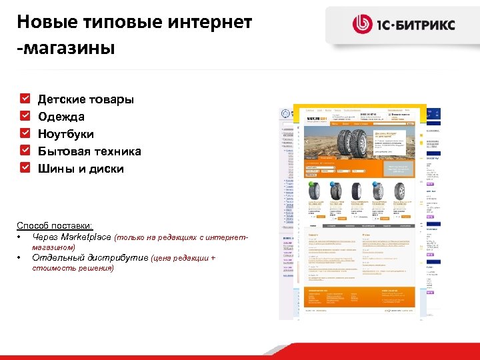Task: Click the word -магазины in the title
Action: click(66, 48)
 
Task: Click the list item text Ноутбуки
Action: click(65, 134)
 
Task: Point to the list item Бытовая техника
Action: click(89, 151)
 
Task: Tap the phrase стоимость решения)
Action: click(73, 268)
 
